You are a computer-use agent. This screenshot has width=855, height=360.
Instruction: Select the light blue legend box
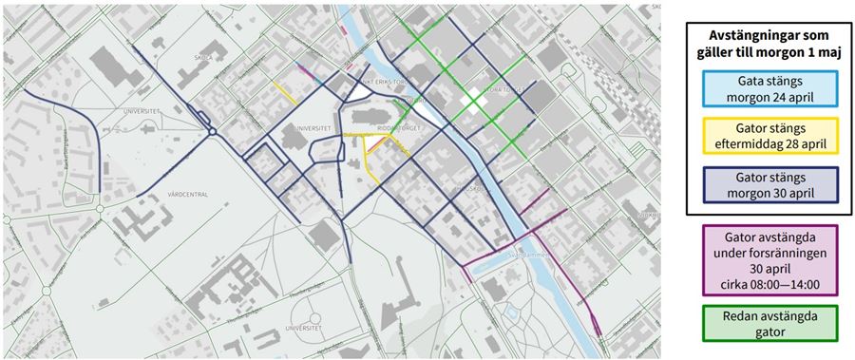click(765, 88)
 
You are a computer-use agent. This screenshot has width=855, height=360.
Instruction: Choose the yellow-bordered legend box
click(765, 136)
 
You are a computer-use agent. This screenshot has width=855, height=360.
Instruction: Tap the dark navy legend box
click(765, 184)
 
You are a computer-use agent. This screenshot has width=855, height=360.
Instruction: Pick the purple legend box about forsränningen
click(765, 259)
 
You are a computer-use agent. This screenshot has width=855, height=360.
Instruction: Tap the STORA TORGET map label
click(502, 91)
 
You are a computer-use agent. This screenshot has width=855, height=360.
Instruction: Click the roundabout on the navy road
click(213, 130)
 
